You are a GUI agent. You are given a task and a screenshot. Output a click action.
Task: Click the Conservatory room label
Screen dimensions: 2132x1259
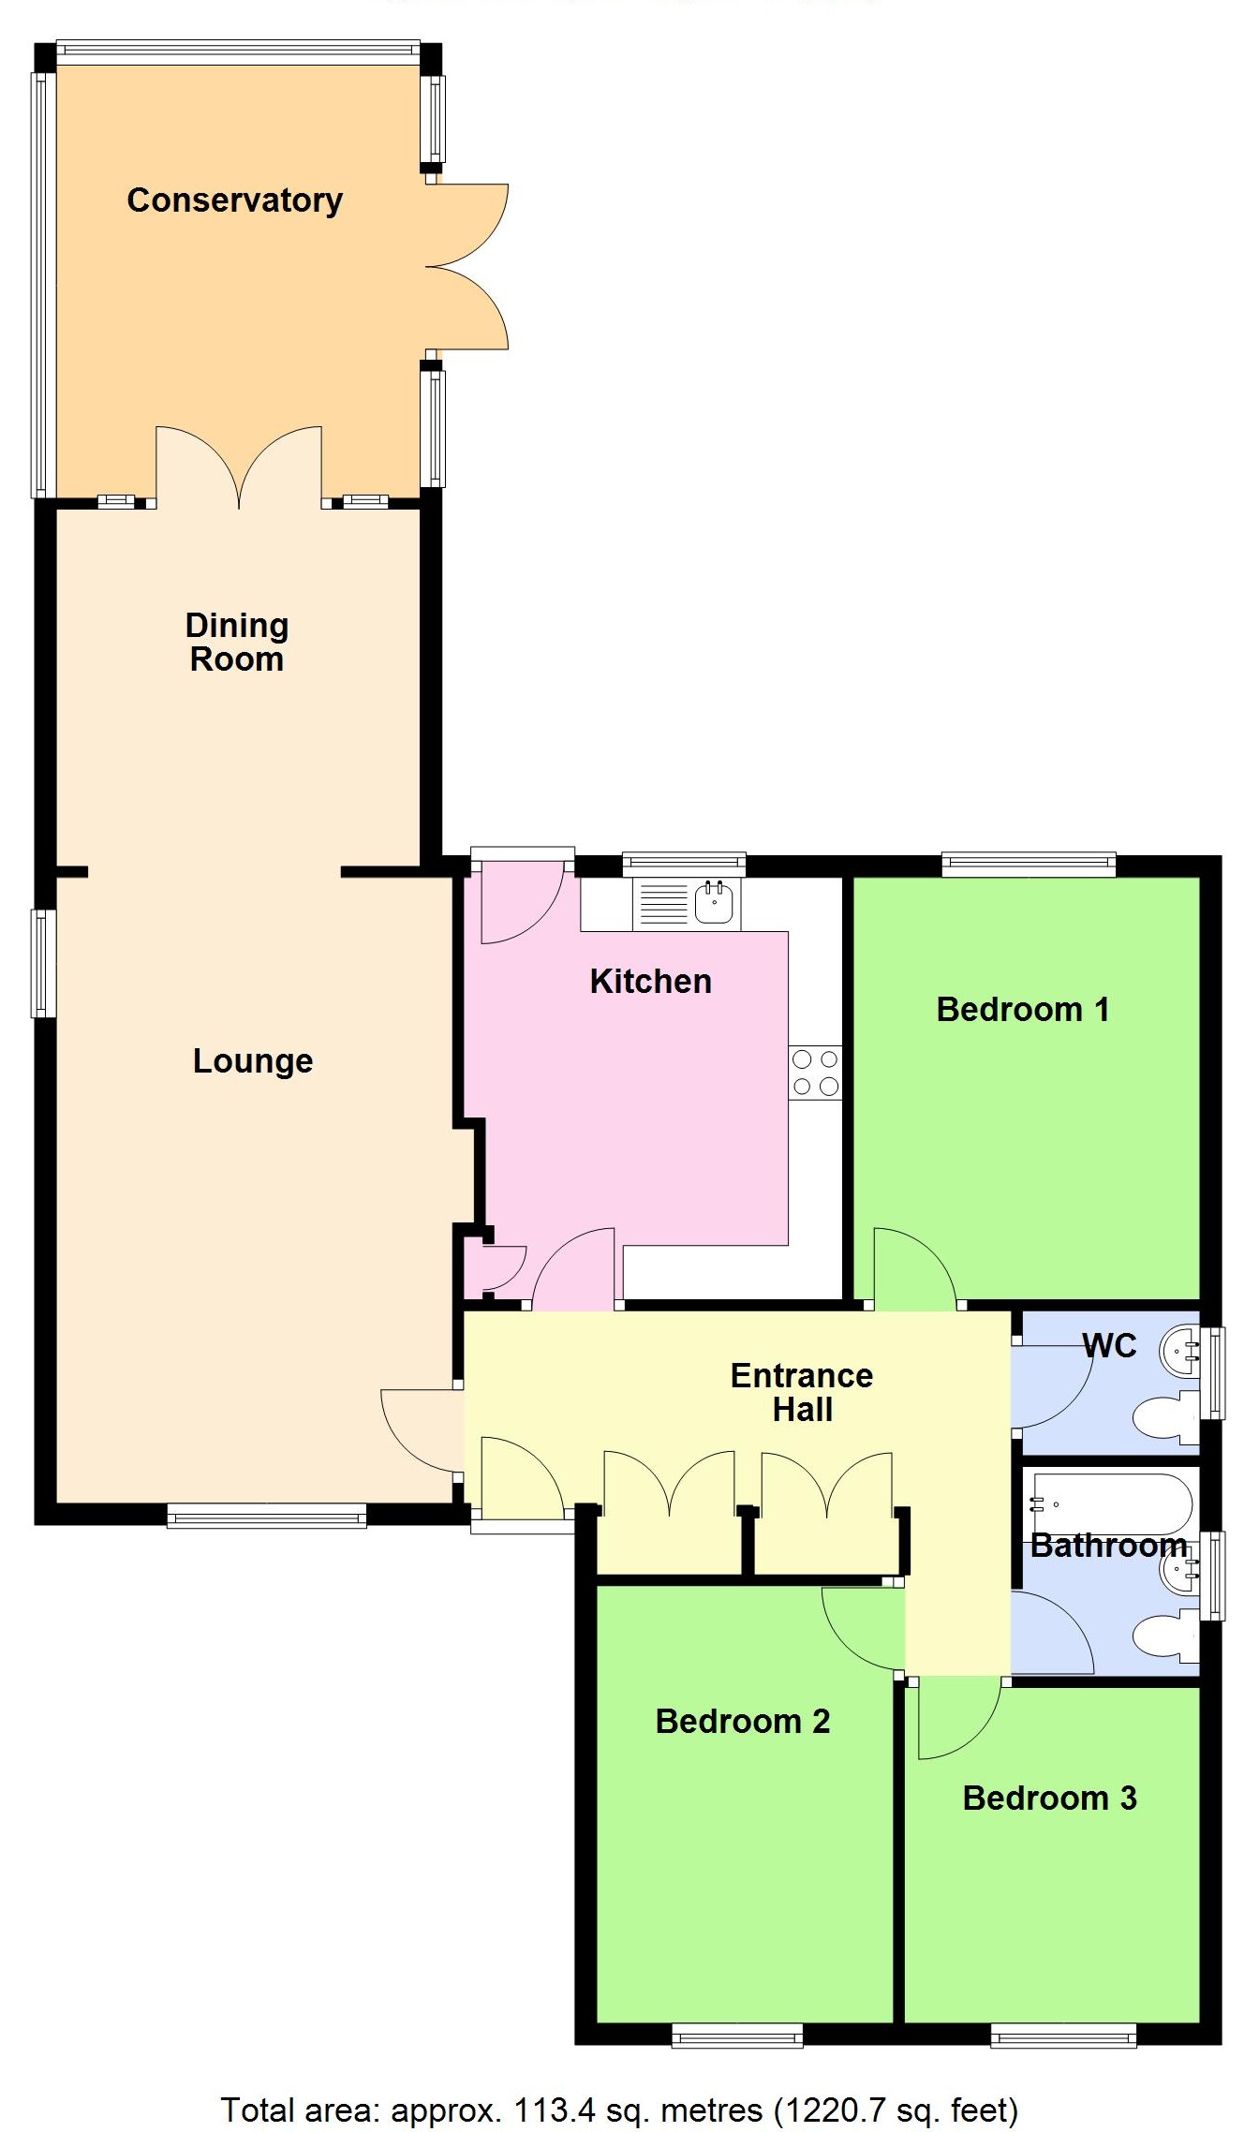click(234, 200)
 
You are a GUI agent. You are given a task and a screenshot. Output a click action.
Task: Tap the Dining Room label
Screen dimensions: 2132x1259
click(237, 643)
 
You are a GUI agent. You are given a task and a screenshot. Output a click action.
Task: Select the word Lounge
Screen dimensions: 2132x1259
click(253, 1061)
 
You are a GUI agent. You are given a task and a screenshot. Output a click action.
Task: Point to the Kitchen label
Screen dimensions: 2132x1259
click(651, 982)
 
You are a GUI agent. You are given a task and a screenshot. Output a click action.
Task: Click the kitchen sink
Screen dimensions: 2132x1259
click(715, 904)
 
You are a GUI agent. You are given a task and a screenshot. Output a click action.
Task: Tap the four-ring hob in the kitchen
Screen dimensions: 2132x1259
click(815, 1073)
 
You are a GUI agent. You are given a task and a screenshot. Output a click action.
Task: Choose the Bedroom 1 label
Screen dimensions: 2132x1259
click(1023, 1010)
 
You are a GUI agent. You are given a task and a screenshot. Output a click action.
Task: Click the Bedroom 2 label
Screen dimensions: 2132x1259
click(743, 1722)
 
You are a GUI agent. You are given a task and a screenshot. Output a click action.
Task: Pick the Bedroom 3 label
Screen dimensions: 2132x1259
click(1050, 1799)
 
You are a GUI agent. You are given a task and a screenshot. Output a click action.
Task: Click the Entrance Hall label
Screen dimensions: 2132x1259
click(802, 1393)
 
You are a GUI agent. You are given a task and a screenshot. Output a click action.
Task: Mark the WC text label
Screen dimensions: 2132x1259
click(1110, 1346)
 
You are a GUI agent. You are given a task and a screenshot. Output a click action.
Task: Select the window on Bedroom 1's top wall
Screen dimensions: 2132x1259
click(1029, 864)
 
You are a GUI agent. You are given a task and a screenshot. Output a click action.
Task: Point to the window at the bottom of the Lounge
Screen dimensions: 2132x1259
click(267, 1516)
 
